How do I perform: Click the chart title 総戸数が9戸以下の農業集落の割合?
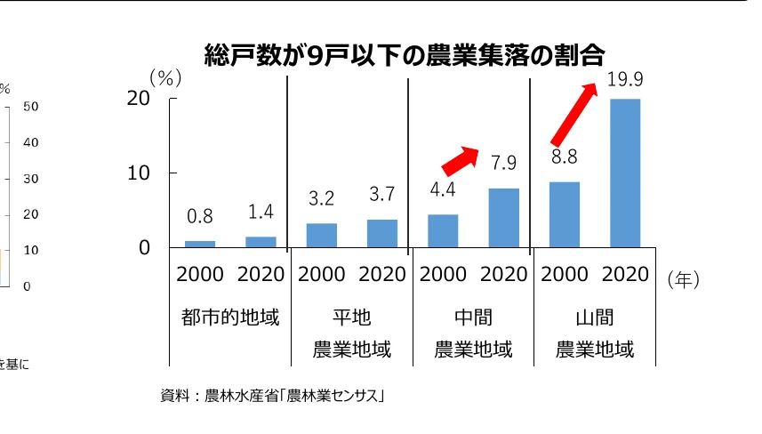404,55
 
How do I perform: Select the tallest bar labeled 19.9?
624,173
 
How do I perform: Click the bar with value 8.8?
564,214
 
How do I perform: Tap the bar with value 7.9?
503,218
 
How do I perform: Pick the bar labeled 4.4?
443,230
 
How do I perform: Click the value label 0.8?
200,216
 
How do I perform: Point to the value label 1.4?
261,212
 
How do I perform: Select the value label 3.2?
321,197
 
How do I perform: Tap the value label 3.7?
381,194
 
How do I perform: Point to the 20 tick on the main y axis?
138,98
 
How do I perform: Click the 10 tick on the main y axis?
138,173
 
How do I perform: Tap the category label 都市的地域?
229,317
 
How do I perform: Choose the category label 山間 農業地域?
595,333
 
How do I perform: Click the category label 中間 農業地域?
473,333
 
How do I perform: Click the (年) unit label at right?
683,280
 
